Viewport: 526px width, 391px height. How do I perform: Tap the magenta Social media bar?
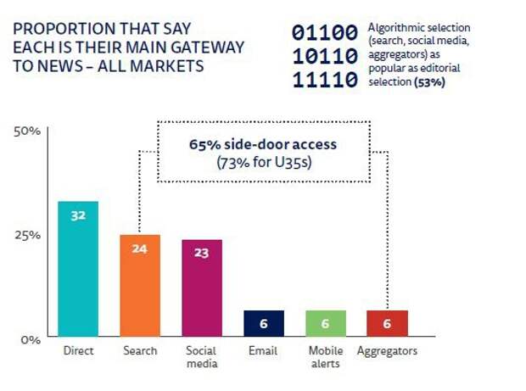pos(202,288)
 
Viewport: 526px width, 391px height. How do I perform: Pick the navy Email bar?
pos(263,323)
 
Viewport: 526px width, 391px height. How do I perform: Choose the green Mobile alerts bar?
pos(326,323)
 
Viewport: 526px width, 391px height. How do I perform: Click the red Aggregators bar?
pos(387,323)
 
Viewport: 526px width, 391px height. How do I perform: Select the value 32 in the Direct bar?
pos(78,215)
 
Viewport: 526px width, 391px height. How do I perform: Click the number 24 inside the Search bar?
pos(140,249)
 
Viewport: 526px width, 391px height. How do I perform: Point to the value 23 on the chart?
pos(202,253)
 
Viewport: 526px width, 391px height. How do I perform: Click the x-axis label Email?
pos(263,350)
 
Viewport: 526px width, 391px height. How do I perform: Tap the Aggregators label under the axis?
pos(388,350)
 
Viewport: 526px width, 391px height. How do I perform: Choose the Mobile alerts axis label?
pos(326,357)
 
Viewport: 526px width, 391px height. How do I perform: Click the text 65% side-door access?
pos(262,144)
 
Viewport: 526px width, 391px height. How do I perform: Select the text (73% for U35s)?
pos(262,161)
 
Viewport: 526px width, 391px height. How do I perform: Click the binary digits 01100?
pos(326,33)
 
